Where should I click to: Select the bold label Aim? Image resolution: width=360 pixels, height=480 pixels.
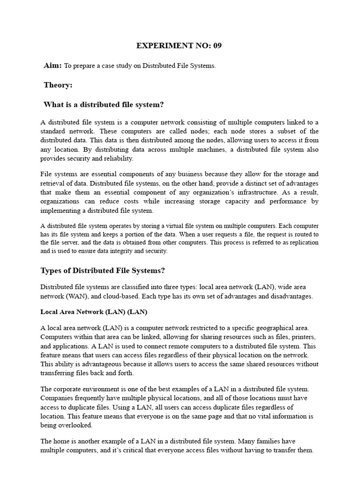tap(52, 66)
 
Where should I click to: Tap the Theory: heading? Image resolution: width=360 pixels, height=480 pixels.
tap(58, 85)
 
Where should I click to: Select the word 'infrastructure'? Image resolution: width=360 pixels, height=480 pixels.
tap(264, 192)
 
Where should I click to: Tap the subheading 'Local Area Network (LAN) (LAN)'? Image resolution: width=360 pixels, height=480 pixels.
tap(94, 311)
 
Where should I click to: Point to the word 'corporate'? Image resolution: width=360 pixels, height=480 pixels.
tap(70, 389)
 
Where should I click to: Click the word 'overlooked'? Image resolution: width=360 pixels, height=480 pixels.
tap(77, 425)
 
